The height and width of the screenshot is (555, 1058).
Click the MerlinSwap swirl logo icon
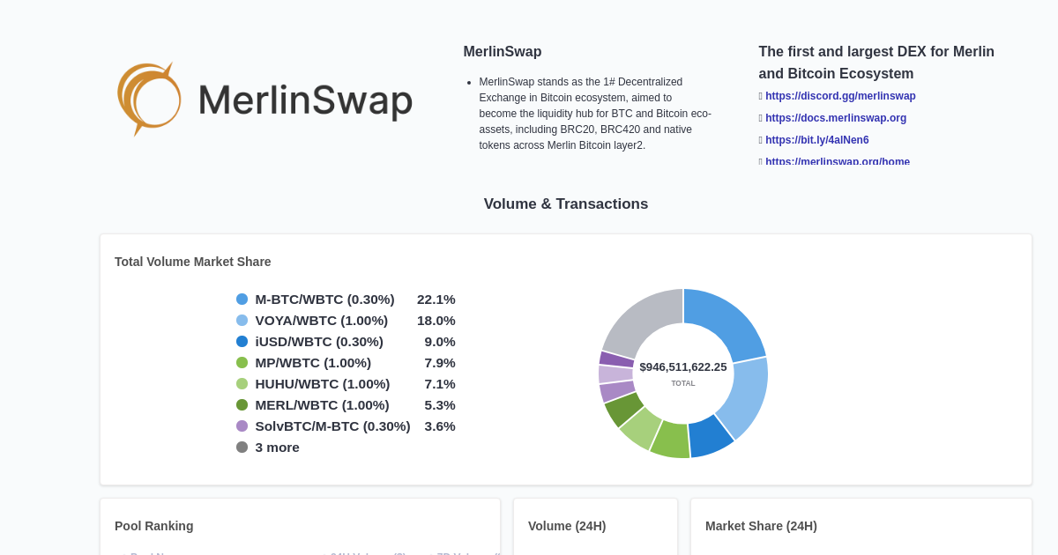[x=149, y=99]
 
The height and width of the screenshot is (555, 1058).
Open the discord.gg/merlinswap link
[x=840, y=96]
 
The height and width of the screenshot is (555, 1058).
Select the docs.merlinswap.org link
[x=835, y=118]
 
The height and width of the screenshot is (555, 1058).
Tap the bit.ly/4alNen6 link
[x=816, y=140]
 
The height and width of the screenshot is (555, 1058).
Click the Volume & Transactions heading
[x=565, y=204]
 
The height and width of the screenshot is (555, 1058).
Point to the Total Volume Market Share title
[x=192, y=262]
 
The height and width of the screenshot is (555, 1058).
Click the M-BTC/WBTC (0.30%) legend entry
[x=324, y=300]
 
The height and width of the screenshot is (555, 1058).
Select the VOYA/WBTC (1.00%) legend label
[x=321, y=321]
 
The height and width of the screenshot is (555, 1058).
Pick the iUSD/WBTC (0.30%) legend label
[x=318, y=342]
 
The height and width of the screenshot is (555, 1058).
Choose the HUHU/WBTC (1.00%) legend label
[x=322, y=384]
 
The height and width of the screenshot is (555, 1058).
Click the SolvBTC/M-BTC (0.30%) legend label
[x=332, y=426]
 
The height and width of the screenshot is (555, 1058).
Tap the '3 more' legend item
[x=277, y=448]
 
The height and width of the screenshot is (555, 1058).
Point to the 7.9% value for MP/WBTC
[x=439, y=363]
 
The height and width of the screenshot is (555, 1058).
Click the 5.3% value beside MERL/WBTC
[x=439, y=405]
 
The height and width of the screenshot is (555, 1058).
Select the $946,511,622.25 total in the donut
[x=683, y=367]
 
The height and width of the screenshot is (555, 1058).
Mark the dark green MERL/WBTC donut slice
[x=623, y=409]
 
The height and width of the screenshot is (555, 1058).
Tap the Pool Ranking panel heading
[x=153, y=526]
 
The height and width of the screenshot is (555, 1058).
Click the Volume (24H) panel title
[x=567, y=526]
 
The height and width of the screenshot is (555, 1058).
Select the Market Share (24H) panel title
[x=761, y=526]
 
